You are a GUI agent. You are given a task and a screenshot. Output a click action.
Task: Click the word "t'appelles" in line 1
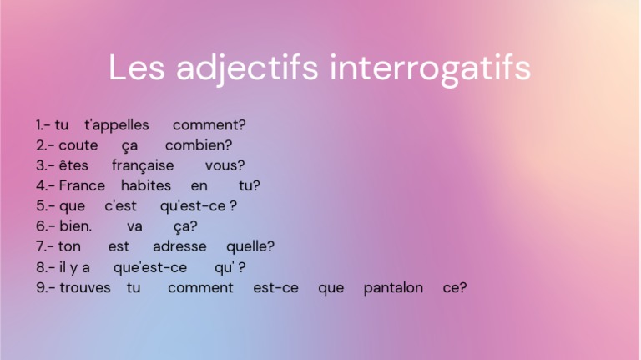(117, 125)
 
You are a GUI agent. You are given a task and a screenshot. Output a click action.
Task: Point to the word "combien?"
(199, 145)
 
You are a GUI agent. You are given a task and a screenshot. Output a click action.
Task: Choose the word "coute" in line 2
(78, 145)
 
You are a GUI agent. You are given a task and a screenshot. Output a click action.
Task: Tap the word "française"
(143, 165)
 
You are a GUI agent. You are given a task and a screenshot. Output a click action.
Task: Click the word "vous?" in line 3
(225, 165)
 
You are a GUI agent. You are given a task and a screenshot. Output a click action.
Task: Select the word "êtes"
(73, 165)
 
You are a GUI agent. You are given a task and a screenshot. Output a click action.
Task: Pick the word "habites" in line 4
(146, 185)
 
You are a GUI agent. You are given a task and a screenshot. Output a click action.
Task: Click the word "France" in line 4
(82, 185)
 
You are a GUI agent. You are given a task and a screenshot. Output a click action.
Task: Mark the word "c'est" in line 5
(120, 205)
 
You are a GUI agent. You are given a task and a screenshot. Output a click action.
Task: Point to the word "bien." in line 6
(76, 226)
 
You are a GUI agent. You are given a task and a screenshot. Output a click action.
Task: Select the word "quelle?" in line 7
(250, 246)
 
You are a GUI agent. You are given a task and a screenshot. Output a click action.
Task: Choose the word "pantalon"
(393, 287)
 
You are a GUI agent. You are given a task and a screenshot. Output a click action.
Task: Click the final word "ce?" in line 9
(455, 287)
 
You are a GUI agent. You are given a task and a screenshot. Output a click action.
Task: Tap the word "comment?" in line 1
(209, 125)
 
